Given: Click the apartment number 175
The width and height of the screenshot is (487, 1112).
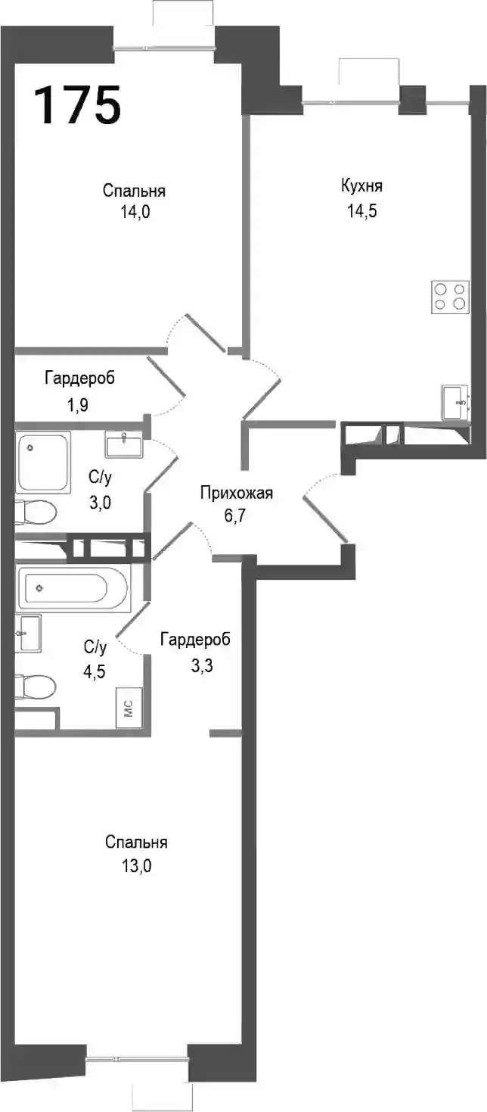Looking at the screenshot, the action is (x=79, y=104).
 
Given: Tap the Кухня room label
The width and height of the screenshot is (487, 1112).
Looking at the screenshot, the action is (x=361, y=186).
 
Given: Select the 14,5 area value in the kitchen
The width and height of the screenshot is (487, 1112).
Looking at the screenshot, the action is (x=362, y=211).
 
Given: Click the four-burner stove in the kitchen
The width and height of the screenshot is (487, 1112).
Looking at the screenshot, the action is (x=450, y=297).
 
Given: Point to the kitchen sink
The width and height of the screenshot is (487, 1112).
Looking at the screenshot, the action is (x=455, y=402).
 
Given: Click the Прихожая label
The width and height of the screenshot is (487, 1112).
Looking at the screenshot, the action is (x=237, y=494).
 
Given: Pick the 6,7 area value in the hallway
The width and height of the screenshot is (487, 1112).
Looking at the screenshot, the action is (x=235, y=516).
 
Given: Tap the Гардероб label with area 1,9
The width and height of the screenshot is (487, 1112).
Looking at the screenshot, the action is (x=80, y=378).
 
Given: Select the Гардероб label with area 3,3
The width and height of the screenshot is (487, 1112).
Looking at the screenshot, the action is (x=195, y=640).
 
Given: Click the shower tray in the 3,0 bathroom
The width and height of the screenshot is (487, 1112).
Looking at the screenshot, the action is (x=44, y=463).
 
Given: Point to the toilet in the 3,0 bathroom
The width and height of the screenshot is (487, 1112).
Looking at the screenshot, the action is (x=36, y=511).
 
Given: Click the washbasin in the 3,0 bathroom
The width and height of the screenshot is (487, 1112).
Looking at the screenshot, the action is (x=123, y=444).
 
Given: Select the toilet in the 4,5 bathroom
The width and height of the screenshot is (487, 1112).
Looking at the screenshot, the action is (x=36, y=686).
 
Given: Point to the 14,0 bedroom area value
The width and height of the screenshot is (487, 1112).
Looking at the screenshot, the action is (x=135, y=213).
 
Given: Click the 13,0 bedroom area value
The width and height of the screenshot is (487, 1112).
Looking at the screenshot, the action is (x=136, y=866).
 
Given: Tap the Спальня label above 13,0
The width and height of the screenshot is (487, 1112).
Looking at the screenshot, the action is (x=136, y=843).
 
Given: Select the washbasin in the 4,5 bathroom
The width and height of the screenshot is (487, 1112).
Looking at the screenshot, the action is (x=28, y=634).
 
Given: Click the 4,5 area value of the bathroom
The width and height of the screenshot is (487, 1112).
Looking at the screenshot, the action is (x=95, y=671).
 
